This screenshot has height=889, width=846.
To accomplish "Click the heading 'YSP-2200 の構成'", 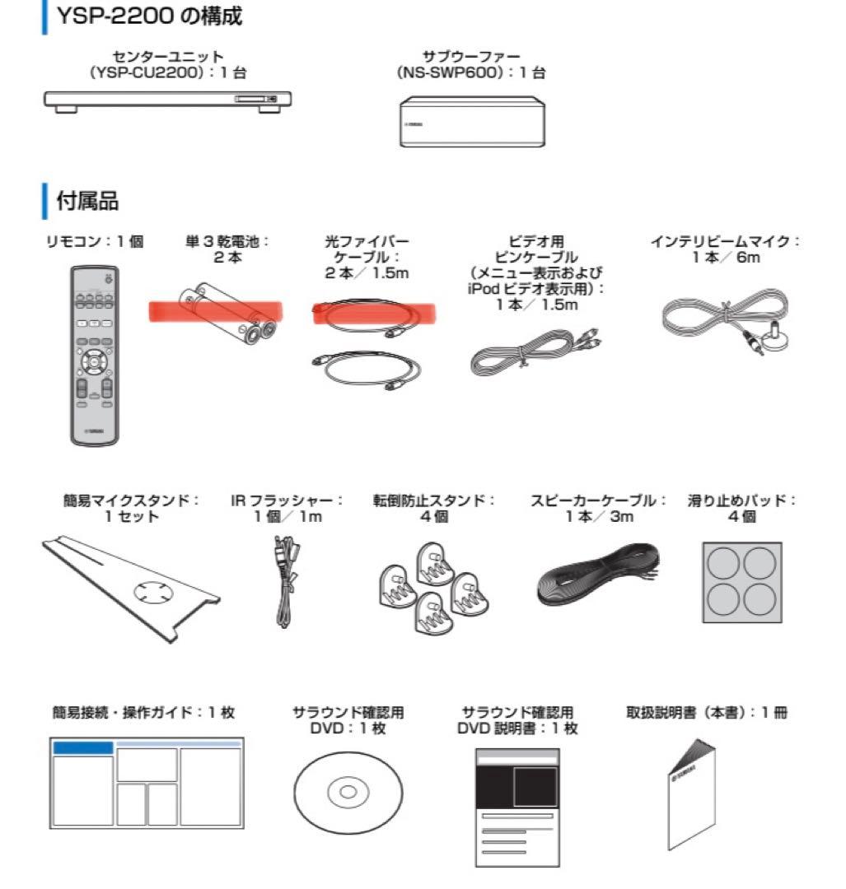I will [x=148, y=17].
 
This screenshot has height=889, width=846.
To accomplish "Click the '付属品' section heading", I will [x=87, y=200].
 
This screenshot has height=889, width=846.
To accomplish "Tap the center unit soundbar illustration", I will [x=168, y=101].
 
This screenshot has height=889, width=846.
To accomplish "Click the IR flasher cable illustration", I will [x=285, y=580].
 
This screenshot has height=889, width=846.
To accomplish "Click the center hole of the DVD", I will [x=348, y=792].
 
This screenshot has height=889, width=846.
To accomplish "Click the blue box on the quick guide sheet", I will [x=82, y=747].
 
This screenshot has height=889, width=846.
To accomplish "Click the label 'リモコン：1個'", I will [x=95, y=241].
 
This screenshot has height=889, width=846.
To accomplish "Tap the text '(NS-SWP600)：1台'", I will [x=470, y=72].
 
